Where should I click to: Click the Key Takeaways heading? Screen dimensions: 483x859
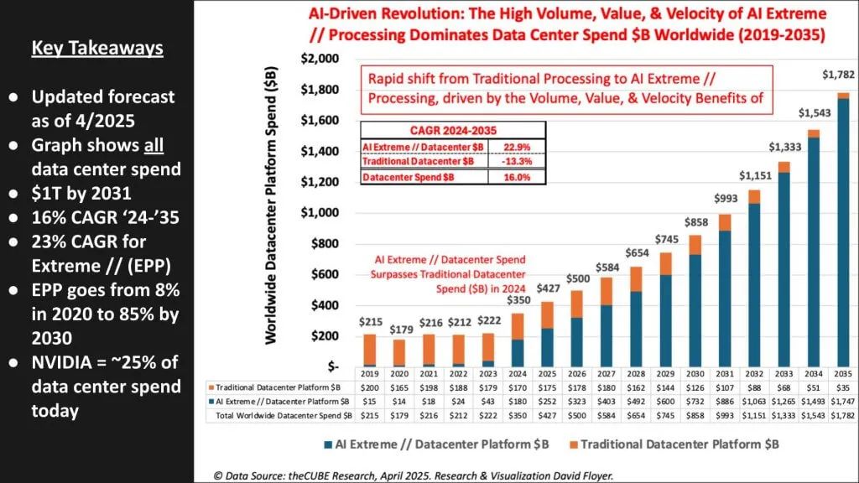[x=97, y=48]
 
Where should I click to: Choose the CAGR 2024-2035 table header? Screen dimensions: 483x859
[x=453, y=130]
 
